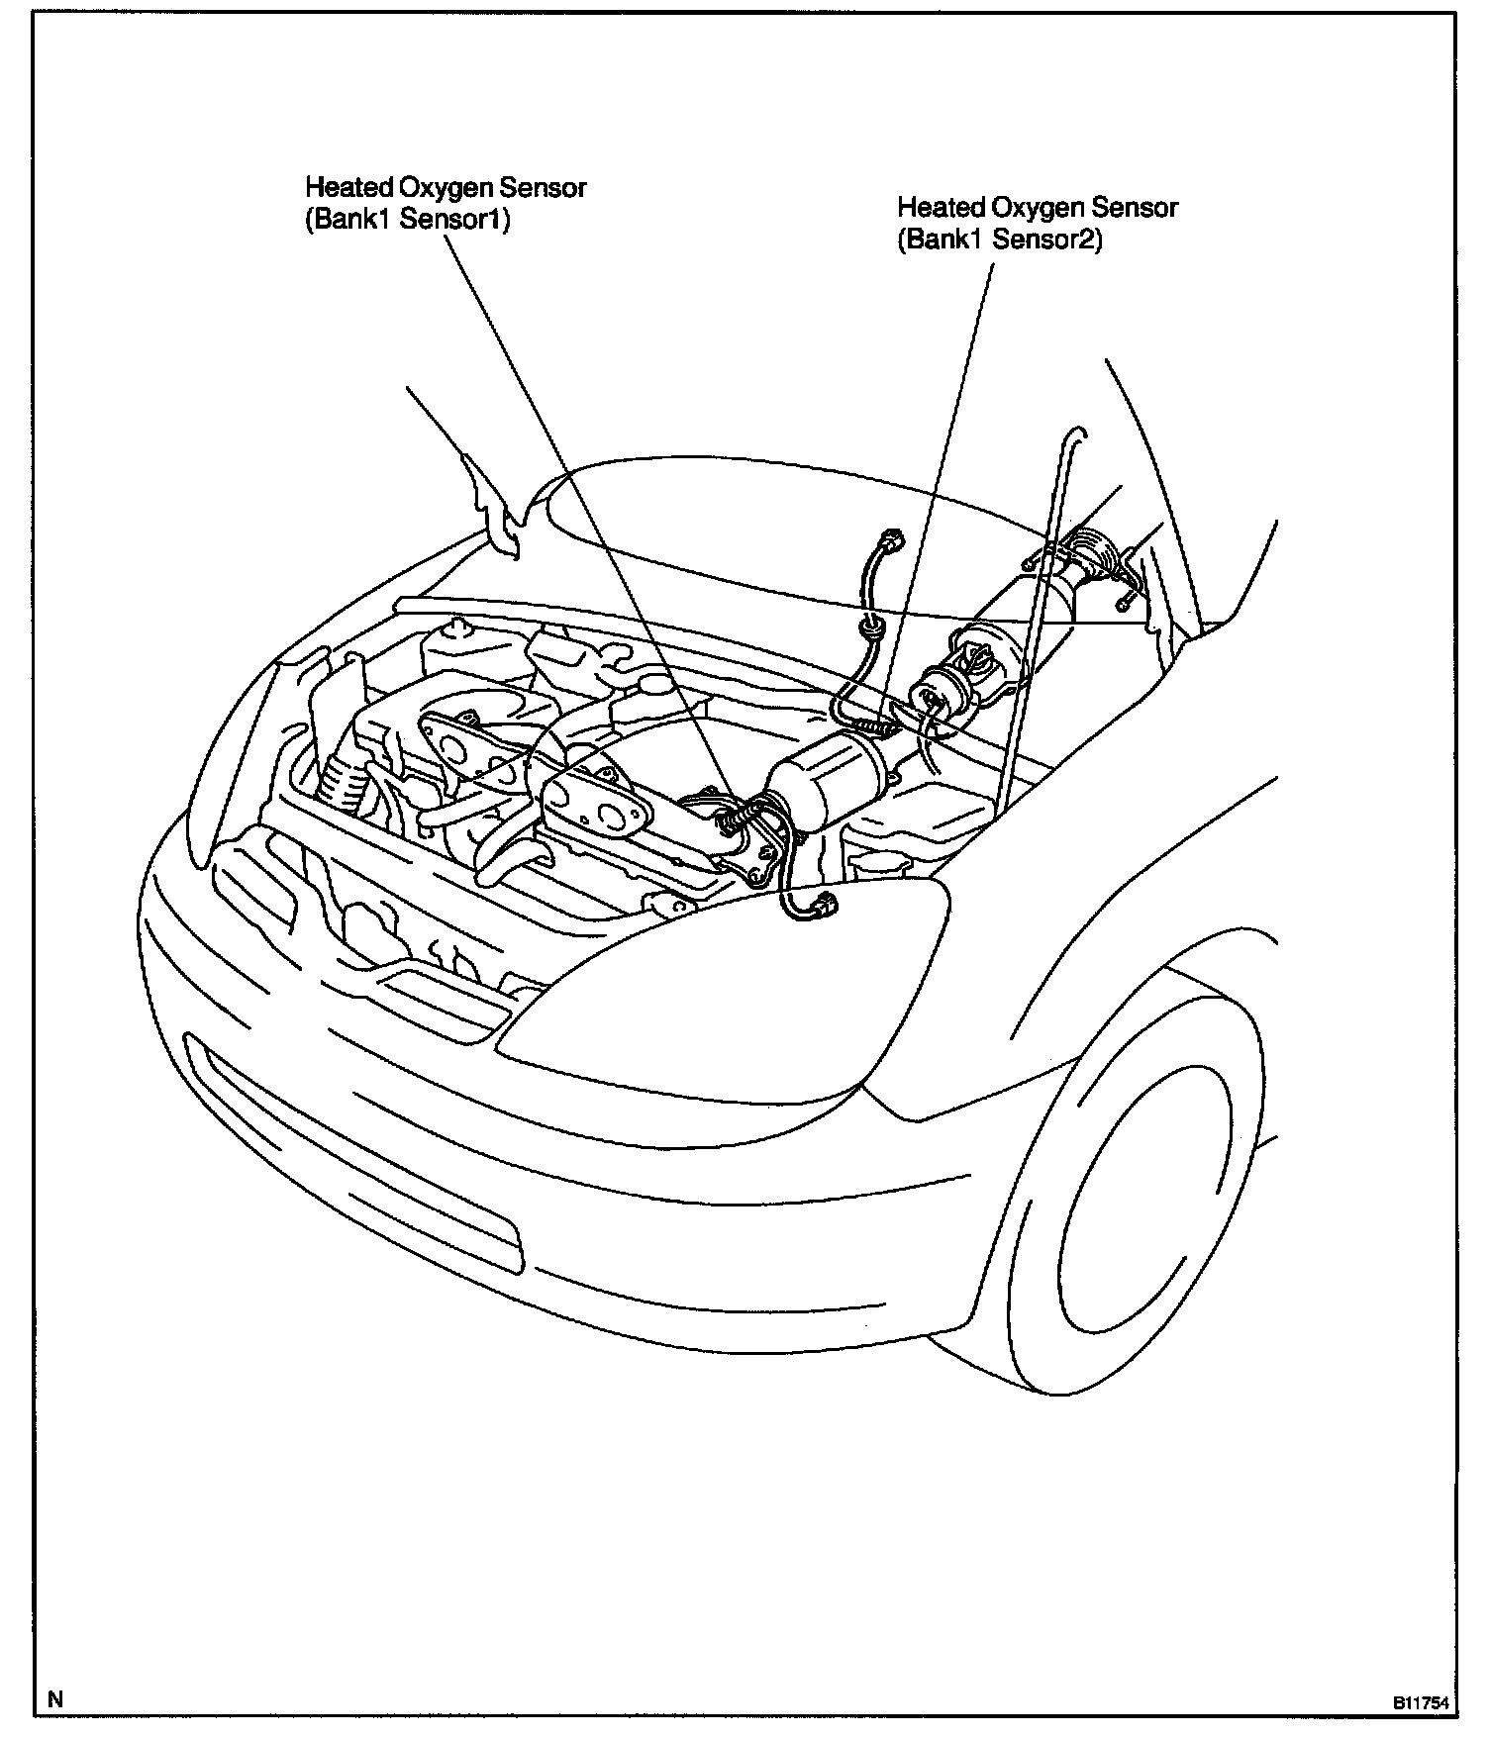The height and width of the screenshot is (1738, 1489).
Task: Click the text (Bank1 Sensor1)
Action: [x=407, y=221]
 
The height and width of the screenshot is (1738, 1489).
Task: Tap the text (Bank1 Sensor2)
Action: [x=999, y=241]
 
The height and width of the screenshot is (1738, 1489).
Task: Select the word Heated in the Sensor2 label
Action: [x=941, y=208]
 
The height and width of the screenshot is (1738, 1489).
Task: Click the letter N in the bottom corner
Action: [x=55, y=1700]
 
